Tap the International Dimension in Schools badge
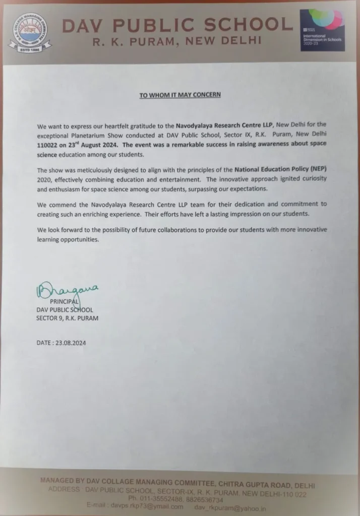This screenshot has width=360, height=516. click(x=322, y=30)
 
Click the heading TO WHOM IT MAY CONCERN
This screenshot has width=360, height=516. click(x=180, y=95)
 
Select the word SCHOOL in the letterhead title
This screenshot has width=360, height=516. click(x=245, y=25)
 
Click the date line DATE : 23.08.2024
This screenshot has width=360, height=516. click(x=62, y=343)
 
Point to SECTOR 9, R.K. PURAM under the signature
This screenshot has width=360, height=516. click(x=67, y=318)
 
